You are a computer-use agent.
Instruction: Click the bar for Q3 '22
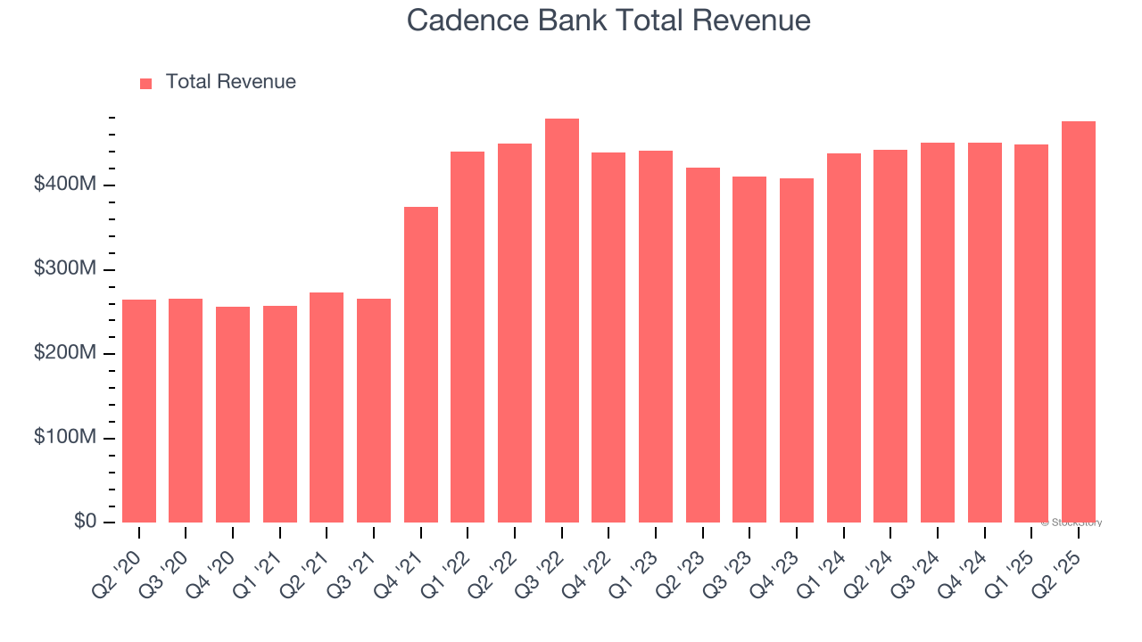562,321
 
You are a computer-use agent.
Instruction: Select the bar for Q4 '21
421,365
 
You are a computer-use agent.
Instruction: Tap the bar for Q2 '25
1079,322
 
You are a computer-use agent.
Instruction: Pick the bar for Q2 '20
139,411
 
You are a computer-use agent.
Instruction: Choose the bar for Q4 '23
797,350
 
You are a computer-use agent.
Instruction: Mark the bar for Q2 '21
327,407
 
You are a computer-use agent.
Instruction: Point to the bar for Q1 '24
844,338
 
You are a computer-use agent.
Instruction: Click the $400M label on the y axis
65,185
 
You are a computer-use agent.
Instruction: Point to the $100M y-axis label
65,438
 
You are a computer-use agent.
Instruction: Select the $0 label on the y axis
85,522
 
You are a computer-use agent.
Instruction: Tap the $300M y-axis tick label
65,269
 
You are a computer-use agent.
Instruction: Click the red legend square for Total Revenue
146,83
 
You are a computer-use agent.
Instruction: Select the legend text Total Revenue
230,82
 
